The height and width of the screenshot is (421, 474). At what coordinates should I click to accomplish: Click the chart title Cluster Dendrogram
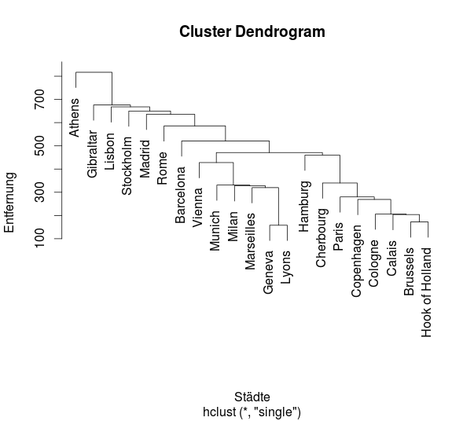pyautogui.click(x=252, y=31)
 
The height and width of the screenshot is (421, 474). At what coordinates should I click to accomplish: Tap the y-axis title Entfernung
pyautogui.click(x=9, y=203)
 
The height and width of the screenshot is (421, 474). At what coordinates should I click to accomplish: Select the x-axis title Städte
pyautogui.click(x=252, y=397)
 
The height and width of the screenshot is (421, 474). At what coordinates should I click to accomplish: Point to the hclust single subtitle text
pyautogui.click(x=252, y=412)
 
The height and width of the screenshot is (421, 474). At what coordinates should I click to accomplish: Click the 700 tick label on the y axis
pyautogui.click(x=39, y=99)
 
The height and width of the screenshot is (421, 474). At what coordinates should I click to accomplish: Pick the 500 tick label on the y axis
pyautogui.click(x=39, y=145)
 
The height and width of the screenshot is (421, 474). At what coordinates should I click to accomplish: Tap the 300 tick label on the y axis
pyautogui.click(x=39, y=192)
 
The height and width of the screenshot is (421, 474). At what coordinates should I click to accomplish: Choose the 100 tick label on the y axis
pyautogui.click(x=39, y=239)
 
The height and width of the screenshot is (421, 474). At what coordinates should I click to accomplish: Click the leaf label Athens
pyautogui.click(x=74, y=118)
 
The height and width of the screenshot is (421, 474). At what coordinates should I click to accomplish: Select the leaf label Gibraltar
pyautogui.click(x=92, y=154)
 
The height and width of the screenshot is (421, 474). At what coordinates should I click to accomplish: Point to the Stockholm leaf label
pyautogui.click(x=127, y=166)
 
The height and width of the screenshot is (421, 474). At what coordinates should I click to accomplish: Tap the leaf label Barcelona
pyautogui.click(x=180, y=195)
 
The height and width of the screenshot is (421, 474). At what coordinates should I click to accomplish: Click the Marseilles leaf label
pyautogui.click(x=250, y=241)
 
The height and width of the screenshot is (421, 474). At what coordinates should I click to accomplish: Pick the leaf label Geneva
pyautogui.click(x=268, y=272)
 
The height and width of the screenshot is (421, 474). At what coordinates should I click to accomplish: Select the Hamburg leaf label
pyautogui.click(x=303, y=207)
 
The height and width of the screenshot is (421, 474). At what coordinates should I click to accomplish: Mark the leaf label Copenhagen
pyautogui.click(x=356, y=261)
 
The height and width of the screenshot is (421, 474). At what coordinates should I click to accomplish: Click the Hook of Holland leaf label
pyautogui.click(x=426, y=292)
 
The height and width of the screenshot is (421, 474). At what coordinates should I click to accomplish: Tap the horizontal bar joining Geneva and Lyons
pyautogui.click(x=278, y=225)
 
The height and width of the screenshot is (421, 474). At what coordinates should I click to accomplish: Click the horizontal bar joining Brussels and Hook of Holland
pyautogui.click(x=419, y=222)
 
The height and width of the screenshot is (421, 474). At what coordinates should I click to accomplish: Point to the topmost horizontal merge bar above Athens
pyautogui.click(x=94, y=72)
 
